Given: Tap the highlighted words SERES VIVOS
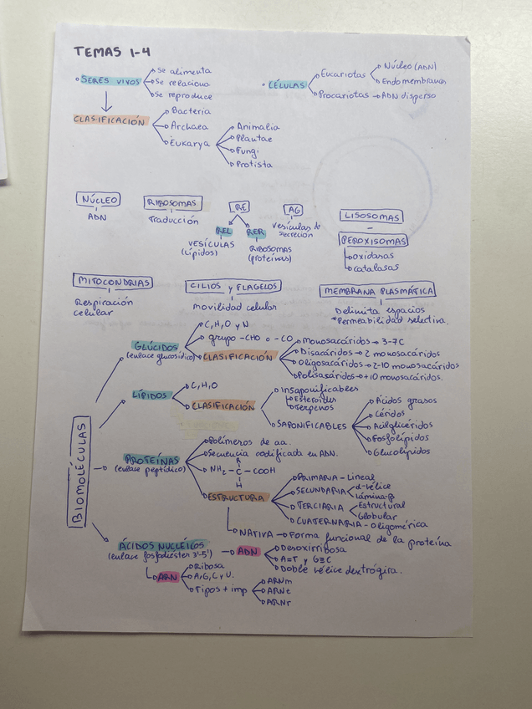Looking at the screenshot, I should point(110,81).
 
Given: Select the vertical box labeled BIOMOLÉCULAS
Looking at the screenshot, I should point(80,472).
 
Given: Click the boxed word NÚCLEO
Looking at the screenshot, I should point(99,201).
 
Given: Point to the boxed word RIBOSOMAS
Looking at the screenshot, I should point(173,203).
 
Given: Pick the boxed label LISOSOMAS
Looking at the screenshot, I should point(371,216).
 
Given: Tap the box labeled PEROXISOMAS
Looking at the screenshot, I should point(373,241).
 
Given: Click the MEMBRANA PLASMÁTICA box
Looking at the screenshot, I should point(377,291).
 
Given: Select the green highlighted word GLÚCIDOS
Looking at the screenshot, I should point(156,345).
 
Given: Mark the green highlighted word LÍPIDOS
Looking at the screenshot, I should point(151,395).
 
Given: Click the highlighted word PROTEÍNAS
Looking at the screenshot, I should point(151,460).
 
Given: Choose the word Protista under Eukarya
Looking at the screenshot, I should point(254,165).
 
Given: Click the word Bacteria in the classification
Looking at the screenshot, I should point(192,110).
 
